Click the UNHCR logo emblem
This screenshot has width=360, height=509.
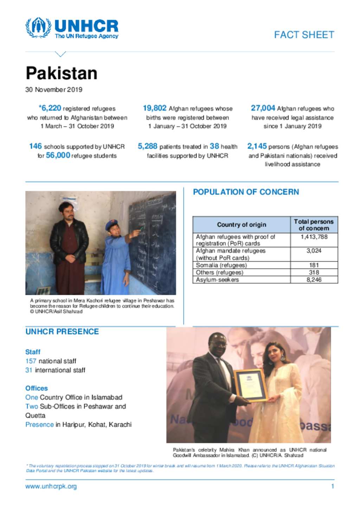coord(38,27)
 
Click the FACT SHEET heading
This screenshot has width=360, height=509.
coord(304,35)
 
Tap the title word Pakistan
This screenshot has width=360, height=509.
coord(62,73)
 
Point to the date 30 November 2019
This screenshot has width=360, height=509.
coord(54,90)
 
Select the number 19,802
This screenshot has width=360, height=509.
coord(154,108)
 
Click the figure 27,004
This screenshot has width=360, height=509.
coord(263,108)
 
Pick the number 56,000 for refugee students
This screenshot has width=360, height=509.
coord(58,155)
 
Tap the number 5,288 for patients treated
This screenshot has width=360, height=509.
coord(147,146)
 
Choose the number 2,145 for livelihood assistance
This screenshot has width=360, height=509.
coord(257,146)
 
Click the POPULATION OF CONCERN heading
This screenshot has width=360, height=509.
coord(246,192)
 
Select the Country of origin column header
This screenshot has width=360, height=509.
coord(242,225)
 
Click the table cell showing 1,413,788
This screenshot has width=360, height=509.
coord(314,237)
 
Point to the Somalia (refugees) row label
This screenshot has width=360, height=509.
coord(221,265)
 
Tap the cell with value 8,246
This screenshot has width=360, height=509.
coord(314,280)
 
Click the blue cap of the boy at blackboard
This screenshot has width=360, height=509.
coord(111,225)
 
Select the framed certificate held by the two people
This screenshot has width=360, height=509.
coord(250,385)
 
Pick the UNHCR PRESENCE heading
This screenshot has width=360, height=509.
coord(62,332)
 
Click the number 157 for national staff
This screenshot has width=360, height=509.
coord(31,361)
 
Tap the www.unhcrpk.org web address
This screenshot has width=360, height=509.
coord(51,487)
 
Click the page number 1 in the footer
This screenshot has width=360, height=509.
coord(333,487)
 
